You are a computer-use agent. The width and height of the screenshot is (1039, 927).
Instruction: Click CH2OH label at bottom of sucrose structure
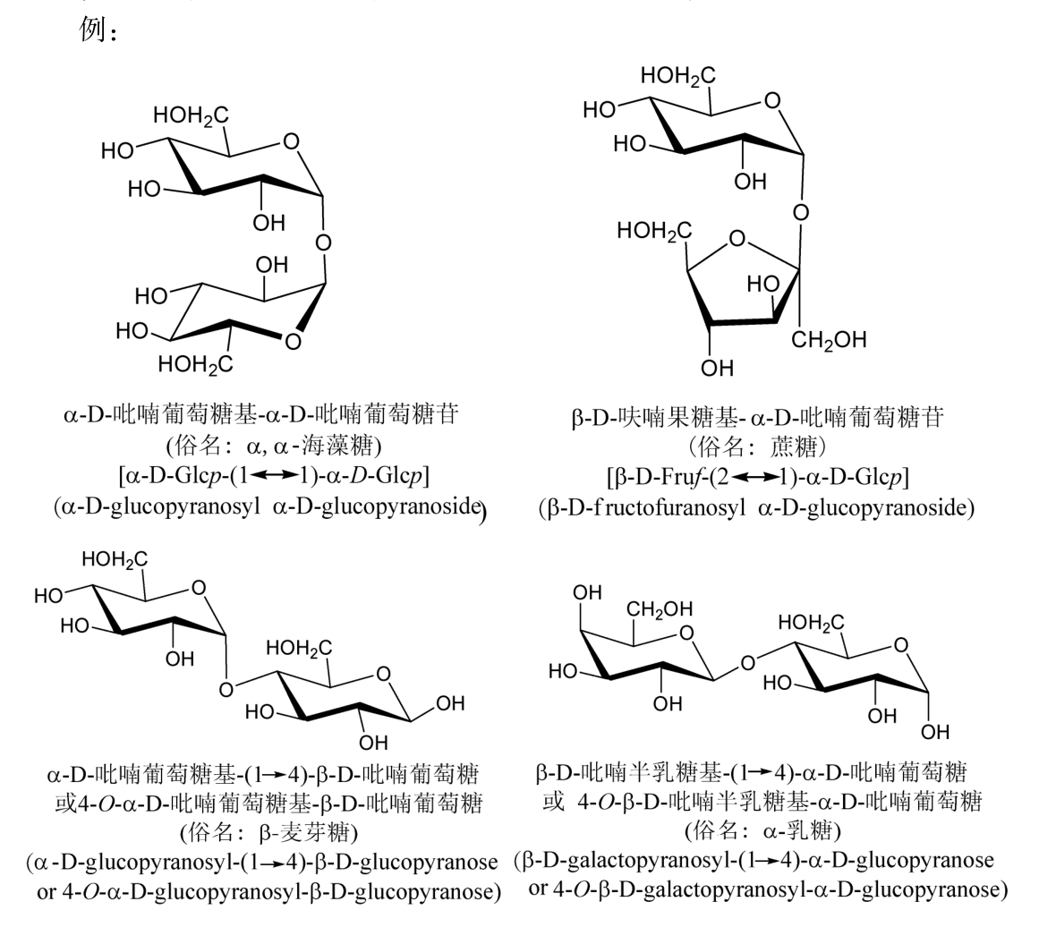pos(828,341)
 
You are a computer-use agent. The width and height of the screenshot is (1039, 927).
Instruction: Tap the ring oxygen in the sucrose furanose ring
pos(737,238)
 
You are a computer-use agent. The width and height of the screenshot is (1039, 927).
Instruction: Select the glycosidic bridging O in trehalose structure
pos(323,242)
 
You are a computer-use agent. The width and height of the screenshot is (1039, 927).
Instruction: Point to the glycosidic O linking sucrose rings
pos(801,213)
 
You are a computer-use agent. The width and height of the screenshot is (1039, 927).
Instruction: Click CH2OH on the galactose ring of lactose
pos(659,609)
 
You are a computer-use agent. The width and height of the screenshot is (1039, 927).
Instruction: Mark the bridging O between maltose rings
pos(227,689)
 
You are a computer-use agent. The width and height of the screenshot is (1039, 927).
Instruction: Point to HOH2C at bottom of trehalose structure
pos(195,364)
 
